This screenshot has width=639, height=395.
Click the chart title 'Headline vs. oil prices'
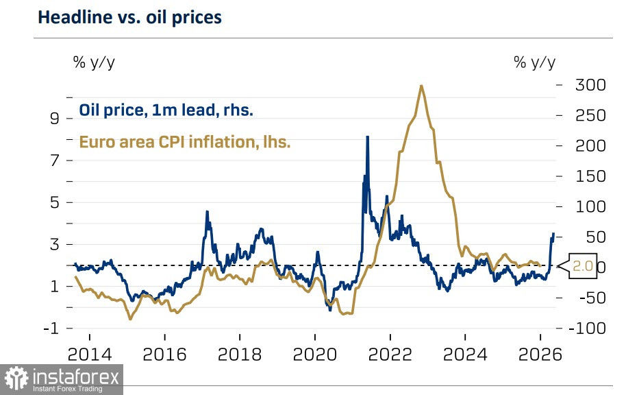click(129, 18)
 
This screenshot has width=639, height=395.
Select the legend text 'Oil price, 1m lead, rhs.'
click(166, 110)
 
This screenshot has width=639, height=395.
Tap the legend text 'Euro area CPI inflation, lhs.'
click(185, 143)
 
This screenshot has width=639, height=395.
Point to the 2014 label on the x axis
click(89, 355)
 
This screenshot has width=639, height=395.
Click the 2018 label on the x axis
click(239, 355)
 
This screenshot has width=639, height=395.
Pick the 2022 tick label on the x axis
click(390, 355)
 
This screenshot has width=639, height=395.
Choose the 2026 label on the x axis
click(540, 355)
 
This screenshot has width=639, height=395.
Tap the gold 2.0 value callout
click(582, 267)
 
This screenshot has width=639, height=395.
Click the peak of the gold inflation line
click(421, 86)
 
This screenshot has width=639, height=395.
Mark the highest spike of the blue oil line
click(367, 137)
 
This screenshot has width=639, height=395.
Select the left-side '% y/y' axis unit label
click(94, 62)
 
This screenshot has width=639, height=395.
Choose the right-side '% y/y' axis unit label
click(534, 62)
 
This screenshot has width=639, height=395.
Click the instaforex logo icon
click(19, 379)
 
